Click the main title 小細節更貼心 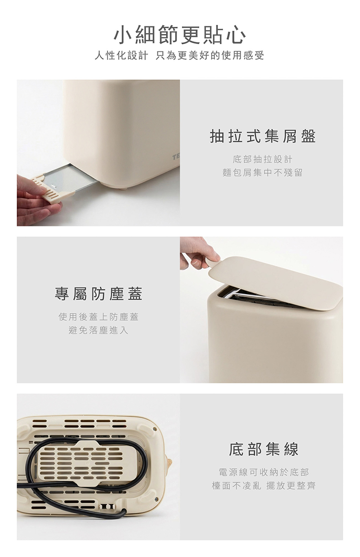click(x=180, y=35)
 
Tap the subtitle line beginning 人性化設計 click(x=180, y=56)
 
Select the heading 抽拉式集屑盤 click(x=263, y=136)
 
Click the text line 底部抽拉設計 click(x=263, y=159)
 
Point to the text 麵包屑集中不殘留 click(x=263, y=173)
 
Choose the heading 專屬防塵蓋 click(x=98, y=294)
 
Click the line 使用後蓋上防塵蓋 click(x=98, y=317)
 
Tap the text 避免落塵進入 click(x=98, y=331)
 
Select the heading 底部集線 click(x=264, y=450)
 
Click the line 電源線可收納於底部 click(x=264, y=472)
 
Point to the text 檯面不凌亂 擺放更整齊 click(x=264, y=486)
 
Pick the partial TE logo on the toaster click(x=176, y=156)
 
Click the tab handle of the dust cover click(x=211, y=262)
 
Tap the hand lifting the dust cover click(x=197, y=253)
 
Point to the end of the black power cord click(x=124, y=511)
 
